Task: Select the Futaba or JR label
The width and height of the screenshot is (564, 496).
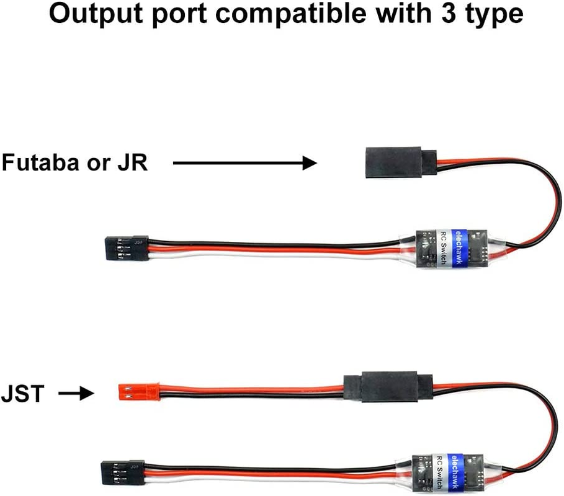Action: (x=74, y=162)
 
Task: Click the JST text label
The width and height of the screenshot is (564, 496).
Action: (x=24, y=393)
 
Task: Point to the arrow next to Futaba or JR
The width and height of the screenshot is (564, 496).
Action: (x=244, y=163)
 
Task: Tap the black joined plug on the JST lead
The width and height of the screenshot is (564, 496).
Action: (x=388, y=389)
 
